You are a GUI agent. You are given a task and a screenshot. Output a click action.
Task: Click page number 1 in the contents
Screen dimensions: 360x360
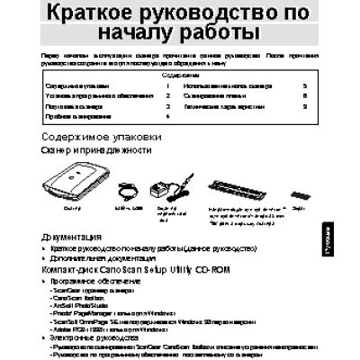point(168,85)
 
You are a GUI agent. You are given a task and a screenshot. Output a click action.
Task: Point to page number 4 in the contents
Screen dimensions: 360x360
point(168,117)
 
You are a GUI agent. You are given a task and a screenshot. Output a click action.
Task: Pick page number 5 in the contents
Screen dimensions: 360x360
point(305,85)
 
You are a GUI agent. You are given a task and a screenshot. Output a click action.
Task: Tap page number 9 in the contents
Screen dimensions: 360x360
point(305,106)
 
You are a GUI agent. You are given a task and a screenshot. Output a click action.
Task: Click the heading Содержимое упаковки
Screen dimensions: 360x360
point(102,137)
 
